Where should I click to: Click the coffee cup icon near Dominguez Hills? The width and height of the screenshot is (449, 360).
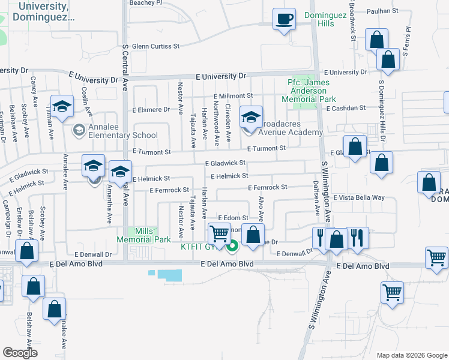point(285,19)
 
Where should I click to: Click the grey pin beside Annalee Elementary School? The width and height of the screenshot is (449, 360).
point(79,130)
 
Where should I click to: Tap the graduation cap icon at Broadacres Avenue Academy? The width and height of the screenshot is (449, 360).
point(252,116)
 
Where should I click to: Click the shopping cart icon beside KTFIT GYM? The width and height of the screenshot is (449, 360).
point(220,233)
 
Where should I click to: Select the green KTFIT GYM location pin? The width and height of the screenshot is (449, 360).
point(234,245)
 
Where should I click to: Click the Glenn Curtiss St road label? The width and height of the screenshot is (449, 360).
point(156,46)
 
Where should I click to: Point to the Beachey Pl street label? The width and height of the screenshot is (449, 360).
point(146,3)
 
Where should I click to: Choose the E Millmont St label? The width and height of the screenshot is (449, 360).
point(234,96)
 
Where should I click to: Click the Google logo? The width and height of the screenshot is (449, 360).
point(20,353)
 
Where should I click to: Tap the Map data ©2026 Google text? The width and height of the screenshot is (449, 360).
point(411,355)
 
